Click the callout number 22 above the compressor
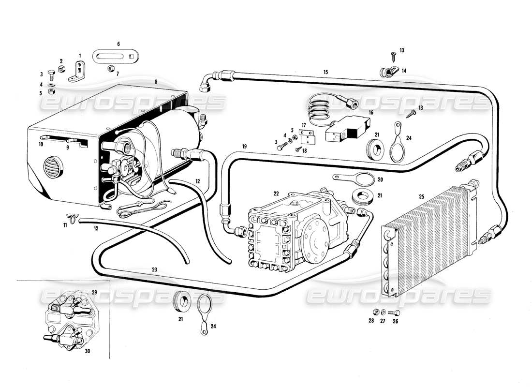[x=276, y=193]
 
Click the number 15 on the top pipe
[x=325, y=72]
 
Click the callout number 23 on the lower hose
[x=154, y=269]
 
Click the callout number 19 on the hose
[x=245, y=146]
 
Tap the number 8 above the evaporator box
[x=156, y=82]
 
